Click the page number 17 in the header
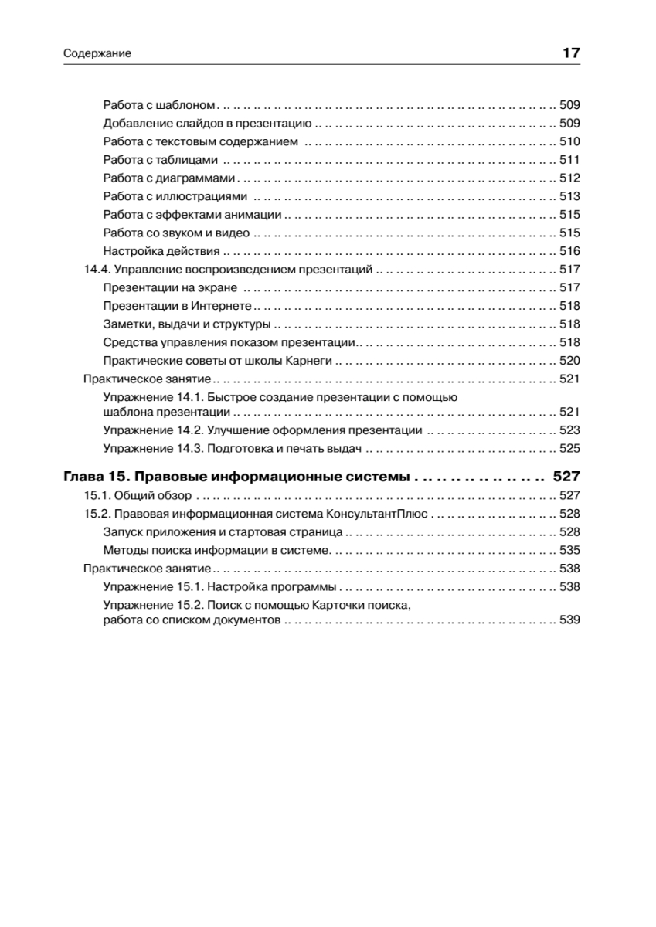[x=571, y=53]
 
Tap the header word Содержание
[x=97, y=54]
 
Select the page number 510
[x=569, y=141]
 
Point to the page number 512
[x=569, y=178]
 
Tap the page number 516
[x=569, y=251]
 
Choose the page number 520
[x=569, y=361]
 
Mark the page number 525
[x=569, y=448]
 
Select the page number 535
[x=569, y=550]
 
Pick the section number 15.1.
[x=96, y=495]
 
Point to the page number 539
[x=569, y=620]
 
